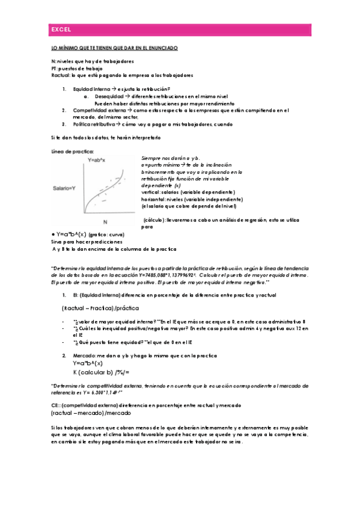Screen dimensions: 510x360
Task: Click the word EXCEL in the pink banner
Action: [x=61, y=29]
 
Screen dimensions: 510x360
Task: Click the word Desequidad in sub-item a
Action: [x=108, y=96]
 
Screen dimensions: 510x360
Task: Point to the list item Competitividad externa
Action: [x=99, y=110]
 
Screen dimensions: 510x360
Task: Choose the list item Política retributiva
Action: [x=96, y=124]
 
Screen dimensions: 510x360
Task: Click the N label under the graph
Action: [x=105, y=222]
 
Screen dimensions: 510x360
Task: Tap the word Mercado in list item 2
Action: [x=85, y=356]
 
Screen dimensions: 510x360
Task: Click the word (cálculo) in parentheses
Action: [x=155, y=221]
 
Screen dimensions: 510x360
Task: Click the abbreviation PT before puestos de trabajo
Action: [x=54, y=68]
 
